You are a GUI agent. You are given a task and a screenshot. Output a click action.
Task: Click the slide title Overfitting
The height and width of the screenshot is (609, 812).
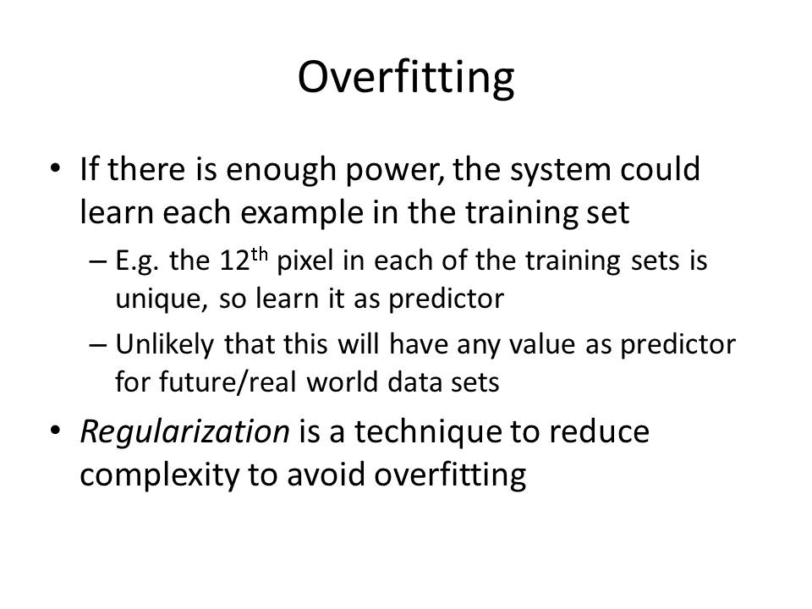[x=406, y=78]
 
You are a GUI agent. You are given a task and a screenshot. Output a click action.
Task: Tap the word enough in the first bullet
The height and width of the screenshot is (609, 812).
[x=281, y=170]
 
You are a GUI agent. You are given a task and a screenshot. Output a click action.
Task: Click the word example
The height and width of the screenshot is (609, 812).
[x=301, y=213]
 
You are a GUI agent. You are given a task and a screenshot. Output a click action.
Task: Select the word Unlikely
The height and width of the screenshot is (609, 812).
[x=165, y=345]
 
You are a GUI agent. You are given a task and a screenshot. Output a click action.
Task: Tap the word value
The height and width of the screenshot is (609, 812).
[x=542, y=344]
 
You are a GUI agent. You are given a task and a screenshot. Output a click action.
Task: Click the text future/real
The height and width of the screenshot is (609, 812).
[x=228, y=382]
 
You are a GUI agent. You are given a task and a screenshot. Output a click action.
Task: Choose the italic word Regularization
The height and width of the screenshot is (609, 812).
[x=185, y=432]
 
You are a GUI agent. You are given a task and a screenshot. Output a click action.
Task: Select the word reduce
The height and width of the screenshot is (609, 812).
[x=599, y=432]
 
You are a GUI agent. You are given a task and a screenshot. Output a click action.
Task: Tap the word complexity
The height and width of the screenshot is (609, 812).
[x=160, y=475]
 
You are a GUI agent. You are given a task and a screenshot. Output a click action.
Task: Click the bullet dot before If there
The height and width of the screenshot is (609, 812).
[x=55, y=168]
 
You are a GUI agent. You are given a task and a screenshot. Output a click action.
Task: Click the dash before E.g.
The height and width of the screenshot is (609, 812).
[x=98, y=261]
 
